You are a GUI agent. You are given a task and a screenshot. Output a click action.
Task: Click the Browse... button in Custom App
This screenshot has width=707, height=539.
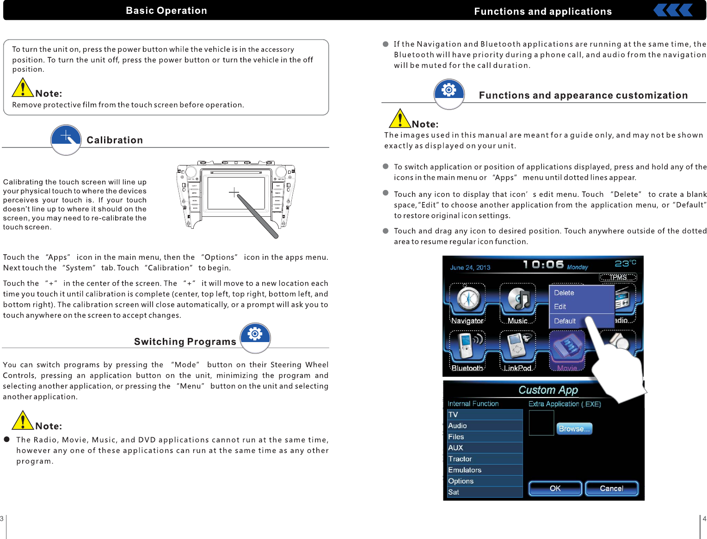coord(574,429)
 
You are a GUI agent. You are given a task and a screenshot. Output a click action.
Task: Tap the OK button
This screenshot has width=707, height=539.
coord(555,488)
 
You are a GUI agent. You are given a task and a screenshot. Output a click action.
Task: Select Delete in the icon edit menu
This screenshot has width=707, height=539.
coord(564,293)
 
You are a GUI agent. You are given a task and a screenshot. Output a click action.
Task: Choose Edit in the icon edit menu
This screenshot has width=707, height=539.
coord(560,306)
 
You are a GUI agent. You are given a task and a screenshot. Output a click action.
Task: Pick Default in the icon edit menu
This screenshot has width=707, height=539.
coord(565,321)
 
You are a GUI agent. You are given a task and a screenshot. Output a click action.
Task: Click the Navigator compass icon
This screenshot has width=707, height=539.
coord(468,299)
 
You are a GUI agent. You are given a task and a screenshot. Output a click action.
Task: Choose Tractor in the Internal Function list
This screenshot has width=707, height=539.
coord(460,459)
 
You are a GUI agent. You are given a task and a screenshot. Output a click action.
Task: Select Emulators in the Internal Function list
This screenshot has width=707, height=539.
coord(465,470)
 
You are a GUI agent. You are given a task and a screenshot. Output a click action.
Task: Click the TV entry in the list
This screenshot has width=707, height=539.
coord(453,415)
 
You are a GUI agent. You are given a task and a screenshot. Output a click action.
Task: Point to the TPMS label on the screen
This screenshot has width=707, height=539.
coord(618,277)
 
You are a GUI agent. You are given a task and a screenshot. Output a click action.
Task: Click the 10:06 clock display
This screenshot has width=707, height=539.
coord(543,265)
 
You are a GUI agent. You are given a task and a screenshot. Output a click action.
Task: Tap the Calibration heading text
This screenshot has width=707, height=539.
coord(115,140)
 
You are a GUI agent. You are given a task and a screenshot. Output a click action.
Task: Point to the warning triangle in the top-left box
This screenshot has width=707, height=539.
coord(23,88)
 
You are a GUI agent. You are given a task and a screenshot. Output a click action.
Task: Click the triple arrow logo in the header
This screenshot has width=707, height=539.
coord(674,10)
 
